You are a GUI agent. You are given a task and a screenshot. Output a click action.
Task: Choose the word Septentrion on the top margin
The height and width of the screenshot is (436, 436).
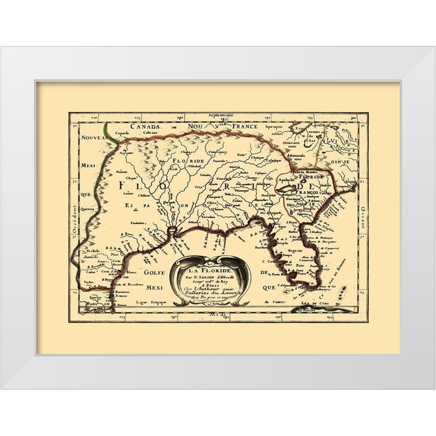(x=221, y=115)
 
